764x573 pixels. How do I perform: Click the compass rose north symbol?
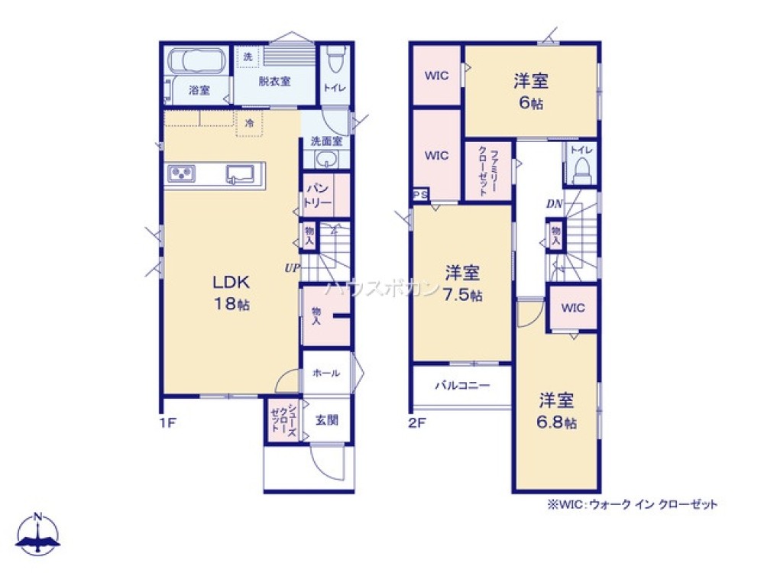[x=38, y=533]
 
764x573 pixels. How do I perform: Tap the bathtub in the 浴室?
[x=195, y=61]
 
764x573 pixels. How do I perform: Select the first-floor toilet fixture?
[x=334, y=60]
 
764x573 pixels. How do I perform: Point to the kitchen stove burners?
[x=183, y=174]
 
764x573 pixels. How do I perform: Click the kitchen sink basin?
[x=241, y=175]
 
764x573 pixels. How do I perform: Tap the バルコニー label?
[x=462, y=386]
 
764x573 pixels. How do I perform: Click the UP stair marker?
[x=292, y=267]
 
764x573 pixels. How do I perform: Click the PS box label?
[x=421, y=195]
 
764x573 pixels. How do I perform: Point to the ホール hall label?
[x=326, y=373]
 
